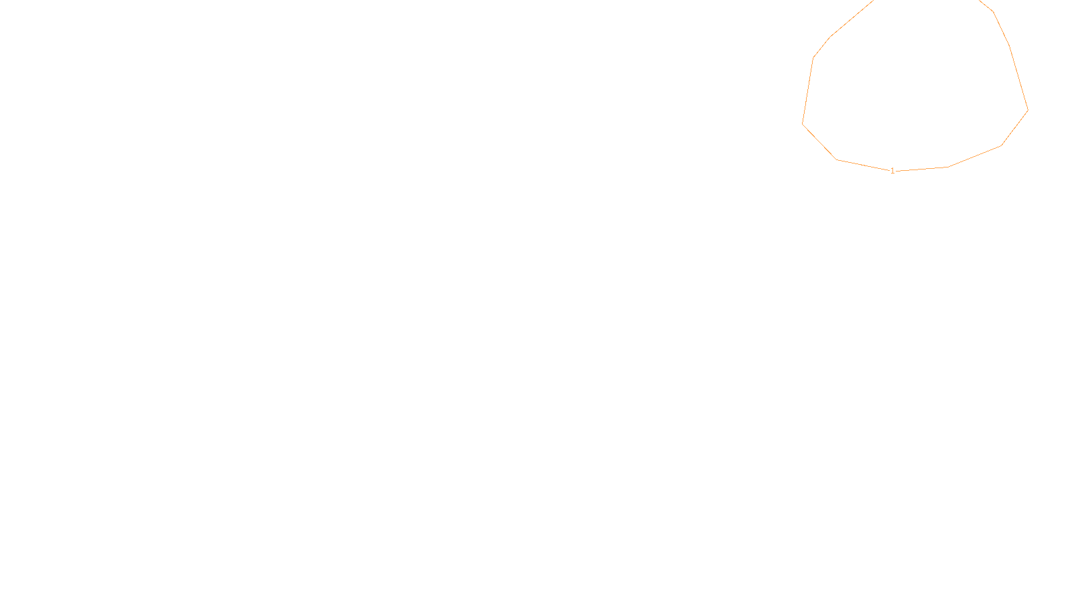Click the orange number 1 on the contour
[x=892, y=171]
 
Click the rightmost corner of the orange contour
[x=1028, y=110]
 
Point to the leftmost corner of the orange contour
[x=803, y=123]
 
